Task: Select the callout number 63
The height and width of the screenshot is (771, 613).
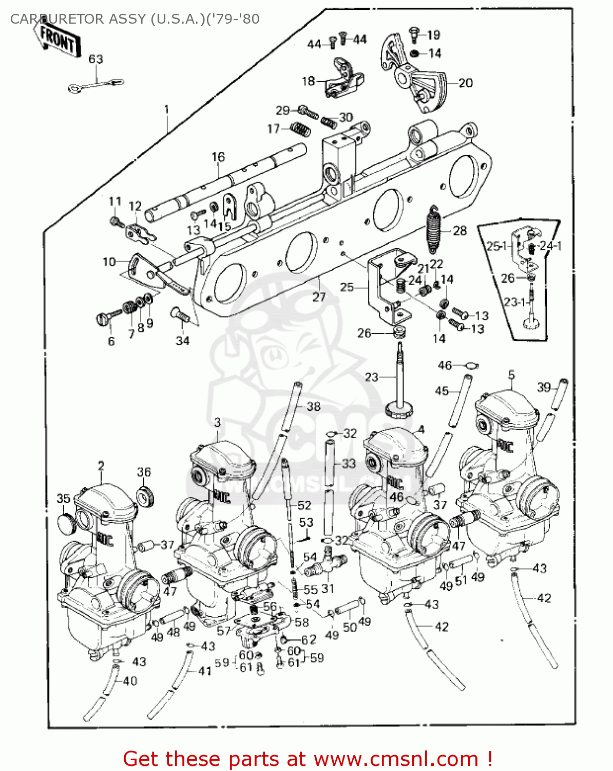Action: tap(96, 59)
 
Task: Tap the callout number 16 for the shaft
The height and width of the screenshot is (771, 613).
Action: tap(218, 157)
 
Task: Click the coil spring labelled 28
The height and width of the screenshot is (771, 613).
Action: tap(434, 230)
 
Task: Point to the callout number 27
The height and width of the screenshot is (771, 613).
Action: tap(319, 297)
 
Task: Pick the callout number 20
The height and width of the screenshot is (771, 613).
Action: tap(465, 83)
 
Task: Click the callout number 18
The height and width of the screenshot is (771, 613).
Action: tap(308, 81)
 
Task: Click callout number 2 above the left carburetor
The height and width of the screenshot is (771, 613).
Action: tap(101, 466)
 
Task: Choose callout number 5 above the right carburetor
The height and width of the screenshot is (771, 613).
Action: tap(511, 375)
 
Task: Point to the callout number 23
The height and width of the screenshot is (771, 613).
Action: tap(372, 377)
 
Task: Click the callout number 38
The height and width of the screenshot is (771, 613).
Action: tap(313, 407)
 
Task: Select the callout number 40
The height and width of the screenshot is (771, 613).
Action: tap(130, 681)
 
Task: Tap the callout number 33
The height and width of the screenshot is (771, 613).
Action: tap(349, 464)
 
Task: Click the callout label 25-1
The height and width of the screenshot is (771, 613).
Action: tap(496, 246)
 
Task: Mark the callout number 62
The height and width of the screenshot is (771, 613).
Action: tap(309, 639)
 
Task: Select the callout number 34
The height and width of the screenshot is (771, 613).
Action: tap(183, 340)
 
